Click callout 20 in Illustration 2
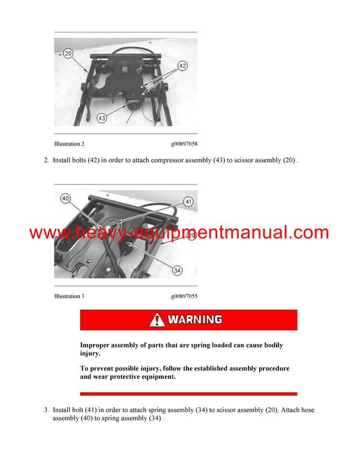tap(68, 53)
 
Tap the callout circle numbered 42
tap(182, 66)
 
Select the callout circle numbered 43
tap(101, 118)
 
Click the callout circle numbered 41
tap(188, 202)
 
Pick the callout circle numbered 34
tap(176, 271)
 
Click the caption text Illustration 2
tap(69, 144)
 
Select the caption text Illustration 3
tap(69, 296)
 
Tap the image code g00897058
tap(184, 144)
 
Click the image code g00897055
tap(184, 296)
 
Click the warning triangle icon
tap(157, 319)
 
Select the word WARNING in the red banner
tap(195, 319)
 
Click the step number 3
tap(46, 410)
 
